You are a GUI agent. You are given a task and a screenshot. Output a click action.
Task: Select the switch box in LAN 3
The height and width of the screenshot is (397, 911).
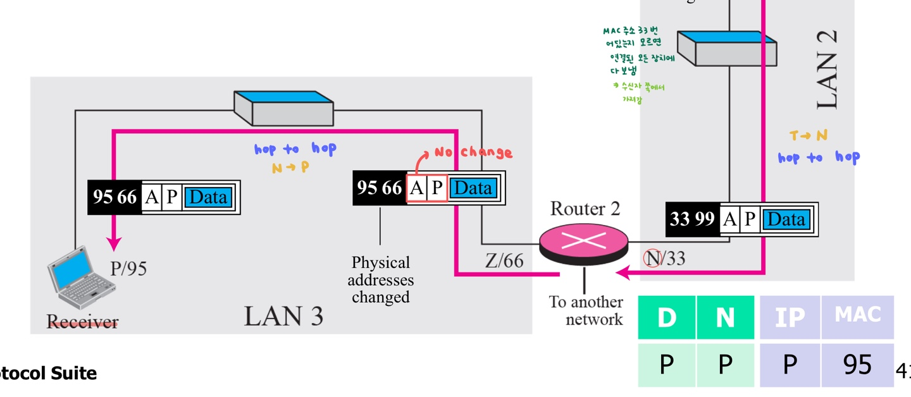284,108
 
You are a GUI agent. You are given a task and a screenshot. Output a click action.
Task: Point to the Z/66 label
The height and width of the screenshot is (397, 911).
504,260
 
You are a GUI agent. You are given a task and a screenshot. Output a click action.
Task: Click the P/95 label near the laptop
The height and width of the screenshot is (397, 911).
128,269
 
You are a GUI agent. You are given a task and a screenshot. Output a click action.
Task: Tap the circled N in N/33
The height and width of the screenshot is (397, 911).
652,258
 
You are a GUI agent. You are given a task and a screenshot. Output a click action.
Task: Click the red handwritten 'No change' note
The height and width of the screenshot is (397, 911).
473,152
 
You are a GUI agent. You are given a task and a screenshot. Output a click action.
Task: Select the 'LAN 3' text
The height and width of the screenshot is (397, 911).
284,315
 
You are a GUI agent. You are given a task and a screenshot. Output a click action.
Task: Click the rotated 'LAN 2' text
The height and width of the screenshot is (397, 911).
828,70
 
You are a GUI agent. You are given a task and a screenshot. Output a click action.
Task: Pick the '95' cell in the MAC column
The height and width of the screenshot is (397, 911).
857,365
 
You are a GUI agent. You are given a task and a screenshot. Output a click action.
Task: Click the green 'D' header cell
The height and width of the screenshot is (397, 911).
667,317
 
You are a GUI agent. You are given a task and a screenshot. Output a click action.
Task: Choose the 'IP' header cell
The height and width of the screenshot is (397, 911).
790,317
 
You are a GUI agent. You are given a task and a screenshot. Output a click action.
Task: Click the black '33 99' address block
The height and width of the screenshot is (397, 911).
692,219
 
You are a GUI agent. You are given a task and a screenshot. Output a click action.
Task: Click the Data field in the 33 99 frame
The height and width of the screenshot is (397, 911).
786,219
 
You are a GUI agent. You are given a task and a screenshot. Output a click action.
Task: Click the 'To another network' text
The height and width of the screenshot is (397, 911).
586,310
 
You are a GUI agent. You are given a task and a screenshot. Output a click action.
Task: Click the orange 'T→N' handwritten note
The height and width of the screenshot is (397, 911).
808,135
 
